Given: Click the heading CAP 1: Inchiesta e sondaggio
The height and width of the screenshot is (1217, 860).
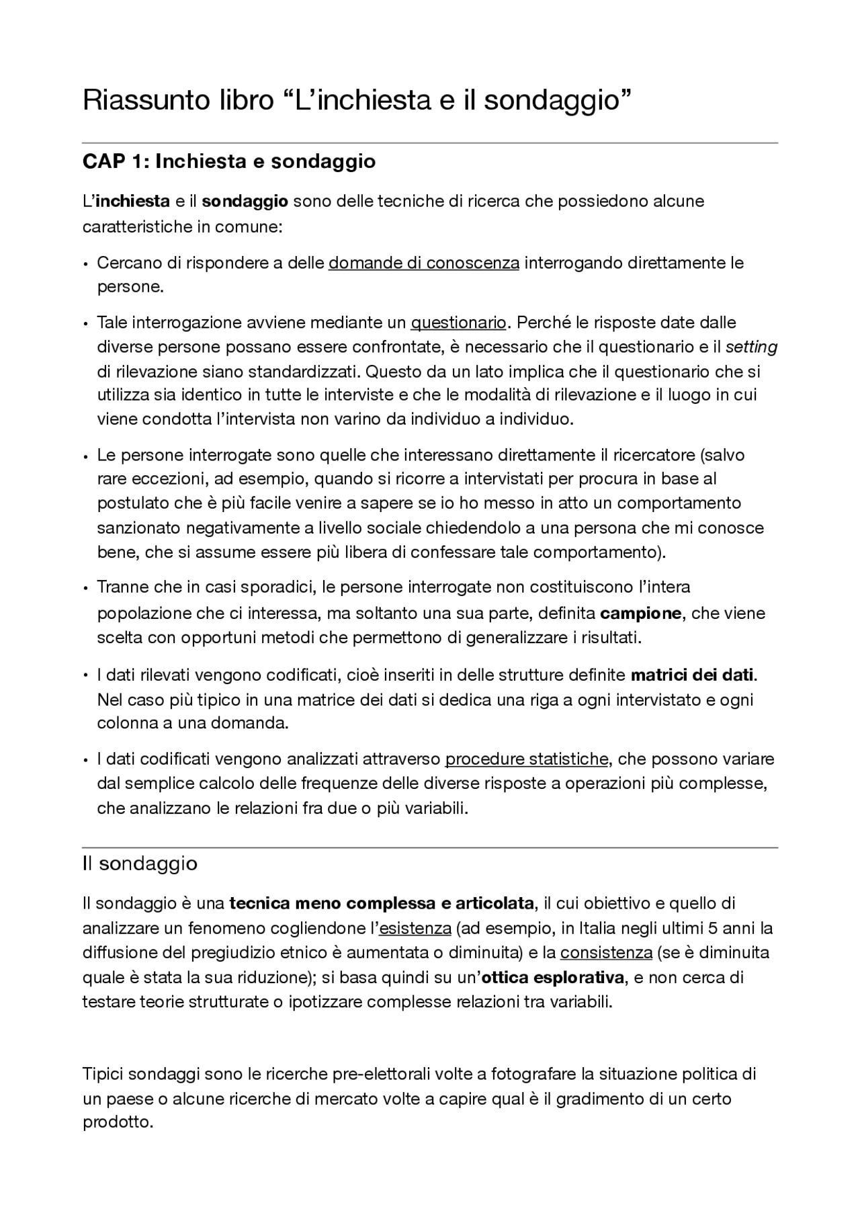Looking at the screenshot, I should (x=228, y=162).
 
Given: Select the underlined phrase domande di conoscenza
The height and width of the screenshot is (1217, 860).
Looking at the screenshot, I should (x=423, y=263).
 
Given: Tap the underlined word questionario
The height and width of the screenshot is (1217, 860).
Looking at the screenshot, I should (x=458, y=323).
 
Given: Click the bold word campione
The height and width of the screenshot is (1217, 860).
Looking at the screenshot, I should (x=640, y=614).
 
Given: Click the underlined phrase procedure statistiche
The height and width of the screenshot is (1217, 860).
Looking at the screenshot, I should (x=526, y=759).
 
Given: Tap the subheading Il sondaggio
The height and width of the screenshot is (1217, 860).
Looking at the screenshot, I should (x=140, y=864).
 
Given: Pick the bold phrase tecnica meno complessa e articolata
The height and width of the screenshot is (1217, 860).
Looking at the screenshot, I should (x=382, y=903).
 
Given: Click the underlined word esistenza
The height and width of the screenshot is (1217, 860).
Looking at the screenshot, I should (x=415, y=929).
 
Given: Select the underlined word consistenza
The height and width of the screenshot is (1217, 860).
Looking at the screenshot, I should (x=606, y=953).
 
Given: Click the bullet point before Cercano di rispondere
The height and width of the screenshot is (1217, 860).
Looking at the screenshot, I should (x=86, y=264).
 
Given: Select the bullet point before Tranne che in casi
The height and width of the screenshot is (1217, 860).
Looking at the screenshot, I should (x=86, y=589).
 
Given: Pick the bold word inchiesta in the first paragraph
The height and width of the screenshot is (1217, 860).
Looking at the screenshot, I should (x=132, y=202).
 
